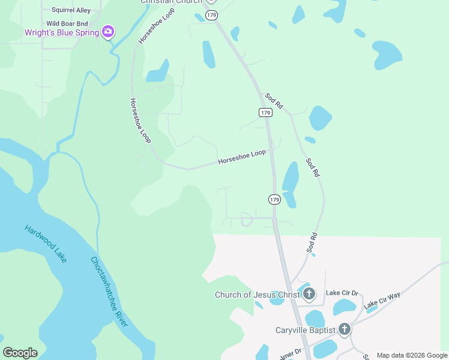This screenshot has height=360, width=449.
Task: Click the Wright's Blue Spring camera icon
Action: tap(108, 32)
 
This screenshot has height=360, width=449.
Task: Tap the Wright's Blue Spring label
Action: tap(62, 32)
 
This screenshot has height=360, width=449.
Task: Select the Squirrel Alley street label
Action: tap(71, 10)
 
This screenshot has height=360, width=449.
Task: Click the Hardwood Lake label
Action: tap(46, 243)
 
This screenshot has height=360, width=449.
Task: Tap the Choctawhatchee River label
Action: tap(109, 292)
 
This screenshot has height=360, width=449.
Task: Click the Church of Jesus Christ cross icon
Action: tap(309, 294)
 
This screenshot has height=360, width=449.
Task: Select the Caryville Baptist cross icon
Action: tap(344, 329)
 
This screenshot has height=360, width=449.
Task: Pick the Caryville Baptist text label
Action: tap(305, 329)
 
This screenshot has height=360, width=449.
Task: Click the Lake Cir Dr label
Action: tap(342, 293)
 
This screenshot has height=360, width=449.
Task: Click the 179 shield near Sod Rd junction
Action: tap(265, 113)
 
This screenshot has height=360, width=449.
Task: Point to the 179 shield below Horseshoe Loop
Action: tap(274, 199)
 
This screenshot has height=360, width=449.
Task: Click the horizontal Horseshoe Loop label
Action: tap(241, 157)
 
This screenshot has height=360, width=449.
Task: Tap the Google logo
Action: tap(20, 353)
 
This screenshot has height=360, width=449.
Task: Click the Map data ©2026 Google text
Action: tap(411, 355)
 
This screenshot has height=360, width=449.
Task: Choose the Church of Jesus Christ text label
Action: tap(258, 295)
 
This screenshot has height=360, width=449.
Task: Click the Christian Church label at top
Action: tap(169, 2)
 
